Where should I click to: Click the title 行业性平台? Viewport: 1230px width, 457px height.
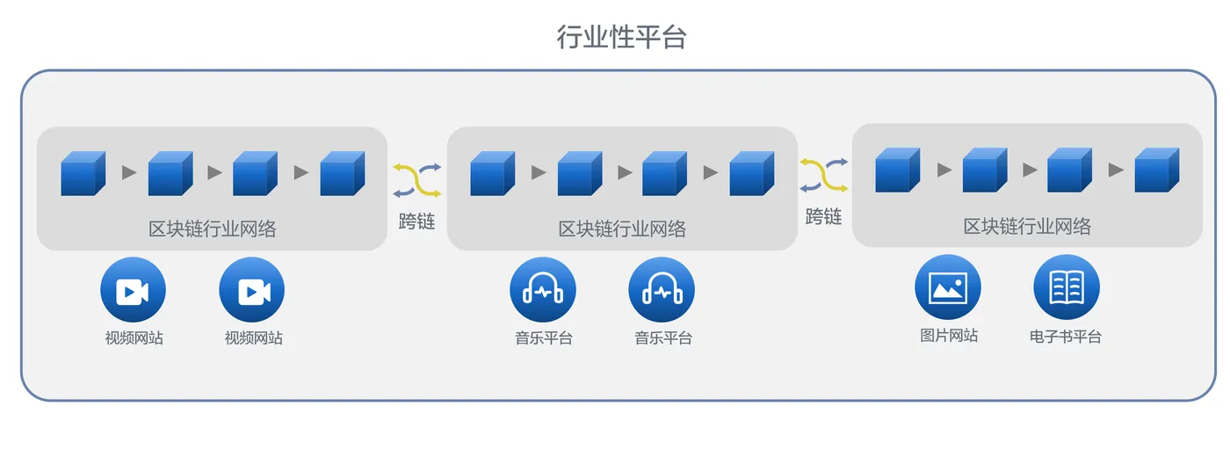point(620,37)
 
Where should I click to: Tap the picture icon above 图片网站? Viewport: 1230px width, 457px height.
point(947,287)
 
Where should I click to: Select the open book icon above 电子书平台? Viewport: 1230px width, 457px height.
point(1066,287)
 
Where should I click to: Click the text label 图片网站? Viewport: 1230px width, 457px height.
point(949,336)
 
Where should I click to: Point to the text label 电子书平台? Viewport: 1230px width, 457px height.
point(1065,337)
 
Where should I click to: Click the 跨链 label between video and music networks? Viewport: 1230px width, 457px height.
point(416,221)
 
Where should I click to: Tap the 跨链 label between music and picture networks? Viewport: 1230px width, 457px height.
point(823,217)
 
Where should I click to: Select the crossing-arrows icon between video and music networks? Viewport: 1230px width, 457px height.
point(416,179)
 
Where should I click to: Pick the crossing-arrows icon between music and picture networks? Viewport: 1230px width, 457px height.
point(823,175)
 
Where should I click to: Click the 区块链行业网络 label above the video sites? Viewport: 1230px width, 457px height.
point(212,229)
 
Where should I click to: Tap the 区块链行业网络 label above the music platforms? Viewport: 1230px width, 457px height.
point(622,229)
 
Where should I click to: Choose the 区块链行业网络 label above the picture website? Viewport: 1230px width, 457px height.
point(1027,227)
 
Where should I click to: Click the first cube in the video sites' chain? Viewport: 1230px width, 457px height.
point(83,173)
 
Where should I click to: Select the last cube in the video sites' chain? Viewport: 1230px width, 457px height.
point(342,173)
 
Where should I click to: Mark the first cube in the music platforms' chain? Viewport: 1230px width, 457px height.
point(492,173)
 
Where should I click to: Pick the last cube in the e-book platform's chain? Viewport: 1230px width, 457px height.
point(1156,170)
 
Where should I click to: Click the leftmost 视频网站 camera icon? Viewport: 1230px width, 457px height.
point(133,290)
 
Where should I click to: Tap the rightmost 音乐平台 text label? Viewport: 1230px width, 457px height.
point(663,337)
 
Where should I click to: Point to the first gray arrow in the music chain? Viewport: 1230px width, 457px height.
point(539,173)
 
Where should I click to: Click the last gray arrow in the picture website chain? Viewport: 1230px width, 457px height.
point(1116,170)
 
